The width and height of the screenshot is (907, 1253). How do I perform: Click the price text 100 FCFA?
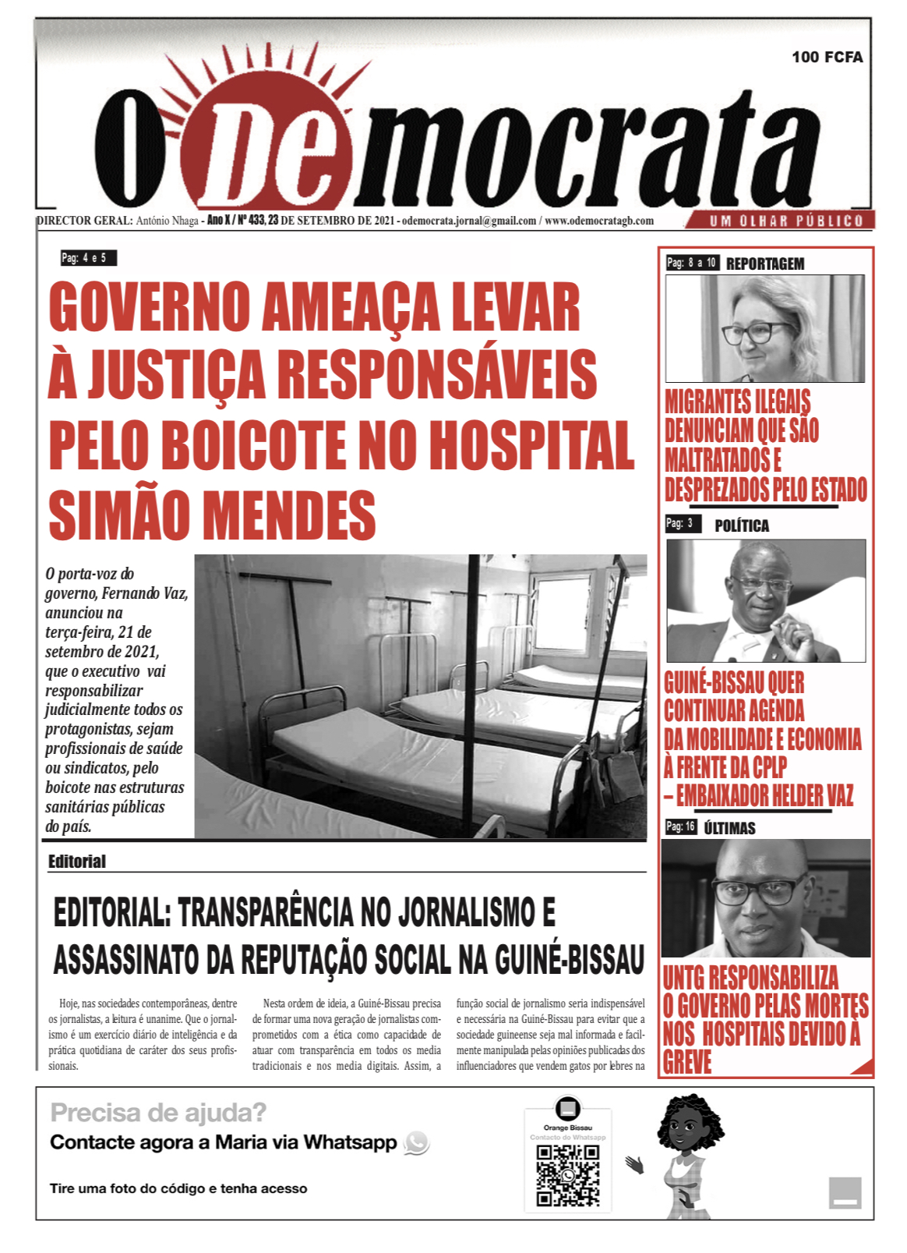[827, 57]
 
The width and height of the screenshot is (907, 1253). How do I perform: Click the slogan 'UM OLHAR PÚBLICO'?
[786, 221]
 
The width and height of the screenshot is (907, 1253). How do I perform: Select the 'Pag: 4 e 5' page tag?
[88, 258]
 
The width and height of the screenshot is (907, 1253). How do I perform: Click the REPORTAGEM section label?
[764, 264]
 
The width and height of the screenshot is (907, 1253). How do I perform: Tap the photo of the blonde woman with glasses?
[764, 328]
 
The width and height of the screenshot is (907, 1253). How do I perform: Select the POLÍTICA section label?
[741, 526]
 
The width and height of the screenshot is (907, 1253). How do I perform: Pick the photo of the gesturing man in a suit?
[765, 600]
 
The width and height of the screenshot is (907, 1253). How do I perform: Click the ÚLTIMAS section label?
[729, 828]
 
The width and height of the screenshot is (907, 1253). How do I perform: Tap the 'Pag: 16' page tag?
[680, 826]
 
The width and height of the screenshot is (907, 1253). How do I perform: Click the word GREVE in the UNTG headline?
[687, 1063]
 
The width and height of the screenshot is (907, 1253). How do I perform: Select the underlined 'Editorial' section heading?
[76, 862]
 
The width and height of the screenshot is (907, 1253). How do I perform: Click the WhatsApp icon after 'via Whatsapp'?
[417, 1143]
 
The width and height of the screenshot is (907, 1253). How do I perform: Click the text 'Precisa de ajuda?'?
[158, 1112]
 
